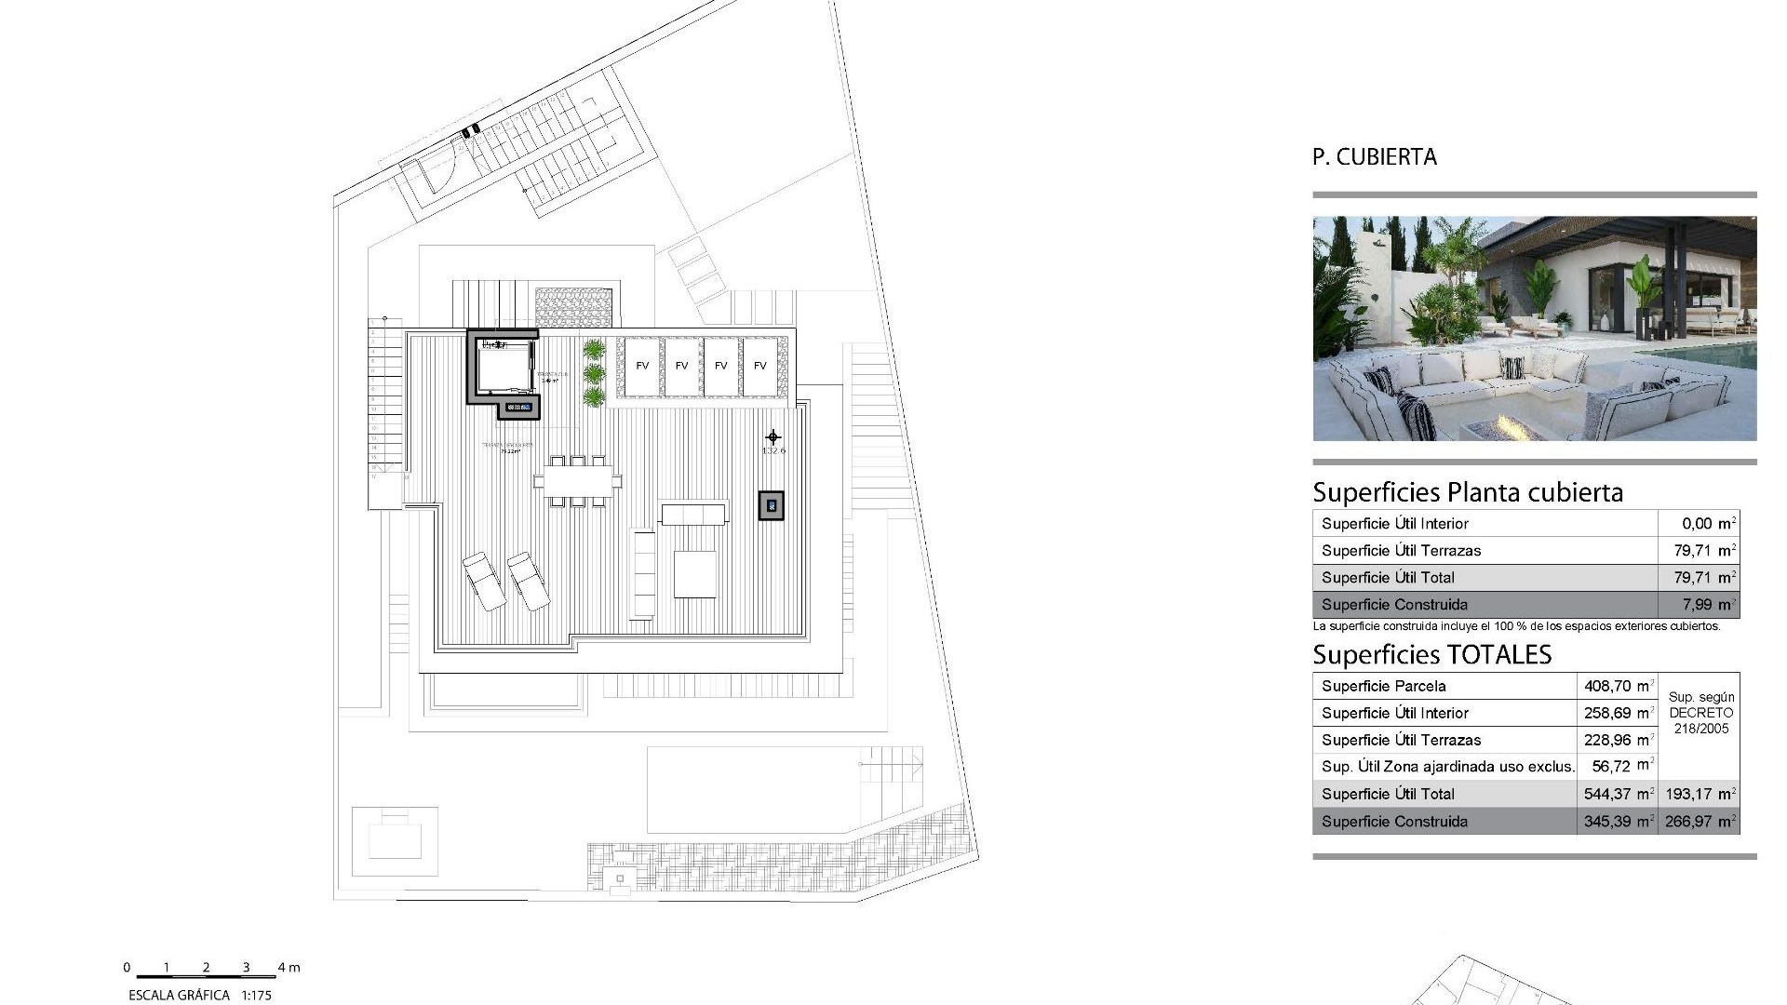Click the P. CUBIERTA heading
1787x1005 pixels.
1374,157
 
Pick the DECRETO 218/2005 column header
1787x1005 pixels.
1700,713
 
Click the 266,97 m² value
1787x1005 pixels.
1700,822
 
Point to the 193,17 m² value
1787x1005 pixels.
1700,795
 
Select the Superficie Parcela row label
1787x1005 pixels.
1383,687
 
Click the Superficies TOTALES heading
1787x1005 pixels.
1431,655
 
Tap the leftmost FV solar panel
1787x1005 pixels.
642,366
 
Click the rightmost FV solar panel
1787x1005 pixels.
760,366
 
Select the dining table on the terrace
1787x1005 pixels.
578,481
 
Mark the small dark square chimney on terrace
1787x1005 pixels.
771,505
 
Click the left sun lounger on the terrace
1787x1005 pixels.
484,581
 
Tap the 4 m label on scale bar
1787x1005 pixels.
289,968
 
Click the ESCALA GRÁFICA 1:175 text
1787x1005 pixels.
199,995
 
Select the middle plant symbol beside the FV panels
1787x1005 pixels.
594,374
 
